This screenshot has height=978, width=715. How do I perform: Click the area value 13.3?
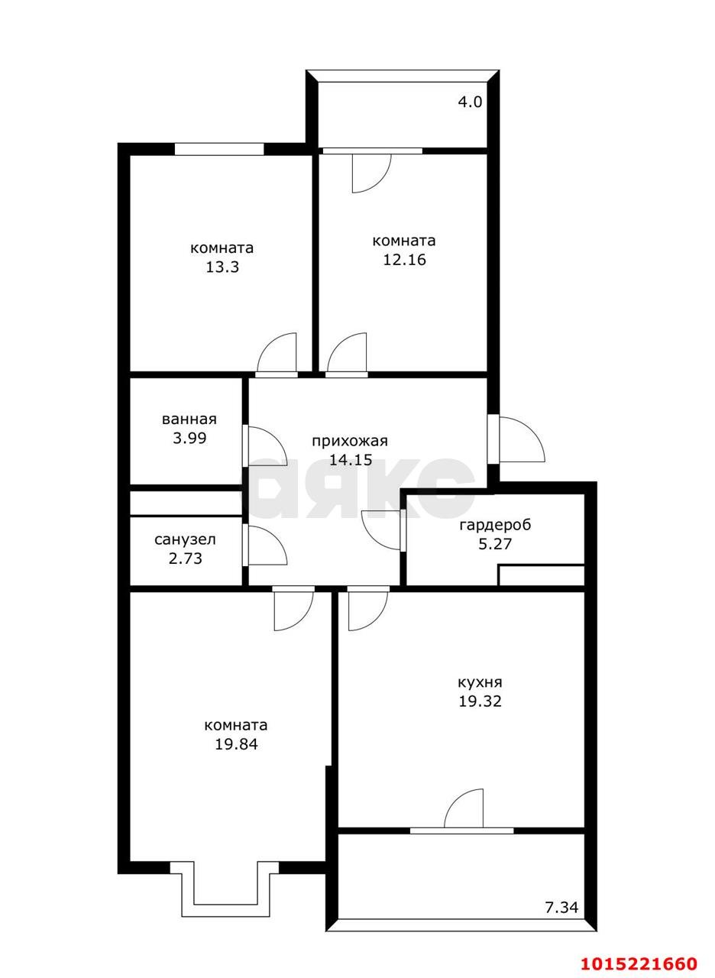[x=222, y=267]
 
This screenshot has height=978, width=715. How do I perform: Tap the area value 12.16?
[x=405, y=260]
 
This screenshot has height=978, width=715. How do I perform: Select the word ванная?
[x=189, y=419]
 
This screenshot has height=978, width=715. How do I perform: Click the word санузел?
[x=185, y=540]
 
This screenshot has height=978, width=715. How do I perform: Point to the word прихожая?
[x=350, y=442]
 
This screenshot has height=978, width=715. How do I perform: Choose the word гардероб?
[x=495, y=524]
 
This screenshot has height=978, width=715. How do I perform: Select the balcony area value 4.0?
[x=470, y=102]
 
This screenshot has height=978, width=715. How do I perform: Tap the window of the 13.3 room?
[x=219, y=149]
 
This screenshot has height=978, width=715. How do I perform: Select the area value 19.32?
[x=480, y=701]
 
